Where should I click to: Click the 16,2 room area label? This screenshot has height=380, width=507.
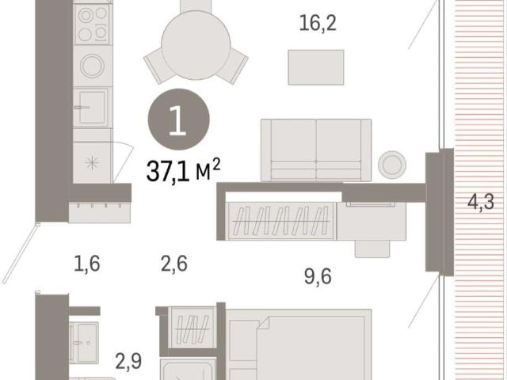pos(318,23)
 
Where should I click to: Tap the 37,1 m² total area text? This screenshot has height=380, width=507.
pos(183,170)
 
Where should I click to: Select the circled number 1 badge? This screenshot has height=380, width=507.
pos(178,120)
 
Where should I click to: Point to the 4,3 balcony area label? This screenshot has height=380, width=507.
pos(481,203)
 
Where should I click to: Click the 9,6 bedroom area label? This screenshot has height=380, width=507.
pos(318,276)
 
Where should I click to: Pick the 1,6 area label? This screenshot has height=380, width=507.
pos(87,264)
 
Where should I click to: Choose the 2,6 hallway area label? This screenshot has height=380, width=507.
pos(174,264)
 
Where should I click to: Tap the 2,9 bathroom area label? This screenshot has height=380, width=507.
pos(128,361)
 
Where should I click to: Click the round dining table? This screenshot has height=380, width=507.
pos(196,45)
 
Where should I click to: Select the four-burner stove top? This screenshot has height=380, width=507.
pos(93,25)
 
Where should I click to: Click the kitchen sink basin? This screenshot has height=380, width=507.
pos(92,107)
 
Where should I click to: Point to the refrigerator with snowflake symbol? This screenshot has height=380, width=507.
pos(93,162)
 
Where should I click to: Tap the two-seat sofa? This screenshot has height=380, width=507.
pos(316,150)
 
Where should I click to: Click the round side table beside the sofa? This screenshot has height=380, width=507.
pos(392,165)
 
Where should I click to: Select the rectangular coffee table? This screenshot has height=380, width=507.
pos(316,67)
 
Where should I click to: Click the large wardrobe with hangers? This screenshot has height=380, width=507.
pos(280,221)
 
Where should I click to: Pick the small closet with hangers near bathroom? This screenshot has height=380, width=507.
pos(192,327)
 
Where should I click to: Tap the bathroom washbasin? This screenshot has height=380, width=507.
pos(84,343)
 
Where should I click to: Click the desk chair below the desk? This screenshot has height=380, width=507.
pos(372,249)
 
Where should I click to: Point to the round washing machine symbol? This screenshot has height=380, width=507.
pos(92,66)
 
